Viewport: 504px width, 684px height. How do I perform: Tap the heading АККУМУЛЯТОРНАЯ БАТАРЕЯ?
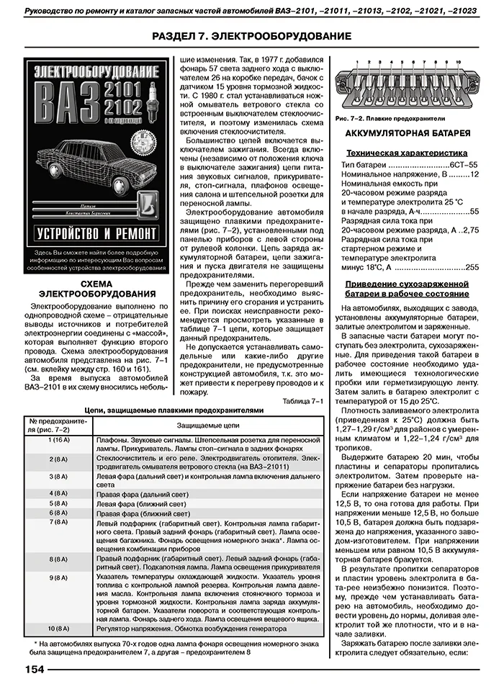click(408, 133)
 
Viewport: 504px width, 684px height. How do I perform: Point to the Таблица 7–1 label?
click(303, 400)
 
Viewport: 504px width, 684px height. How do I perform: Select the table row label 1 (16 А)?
click(58, 439)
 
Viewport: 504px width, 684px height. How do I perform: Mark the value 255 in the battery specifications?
click(472, 267)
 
